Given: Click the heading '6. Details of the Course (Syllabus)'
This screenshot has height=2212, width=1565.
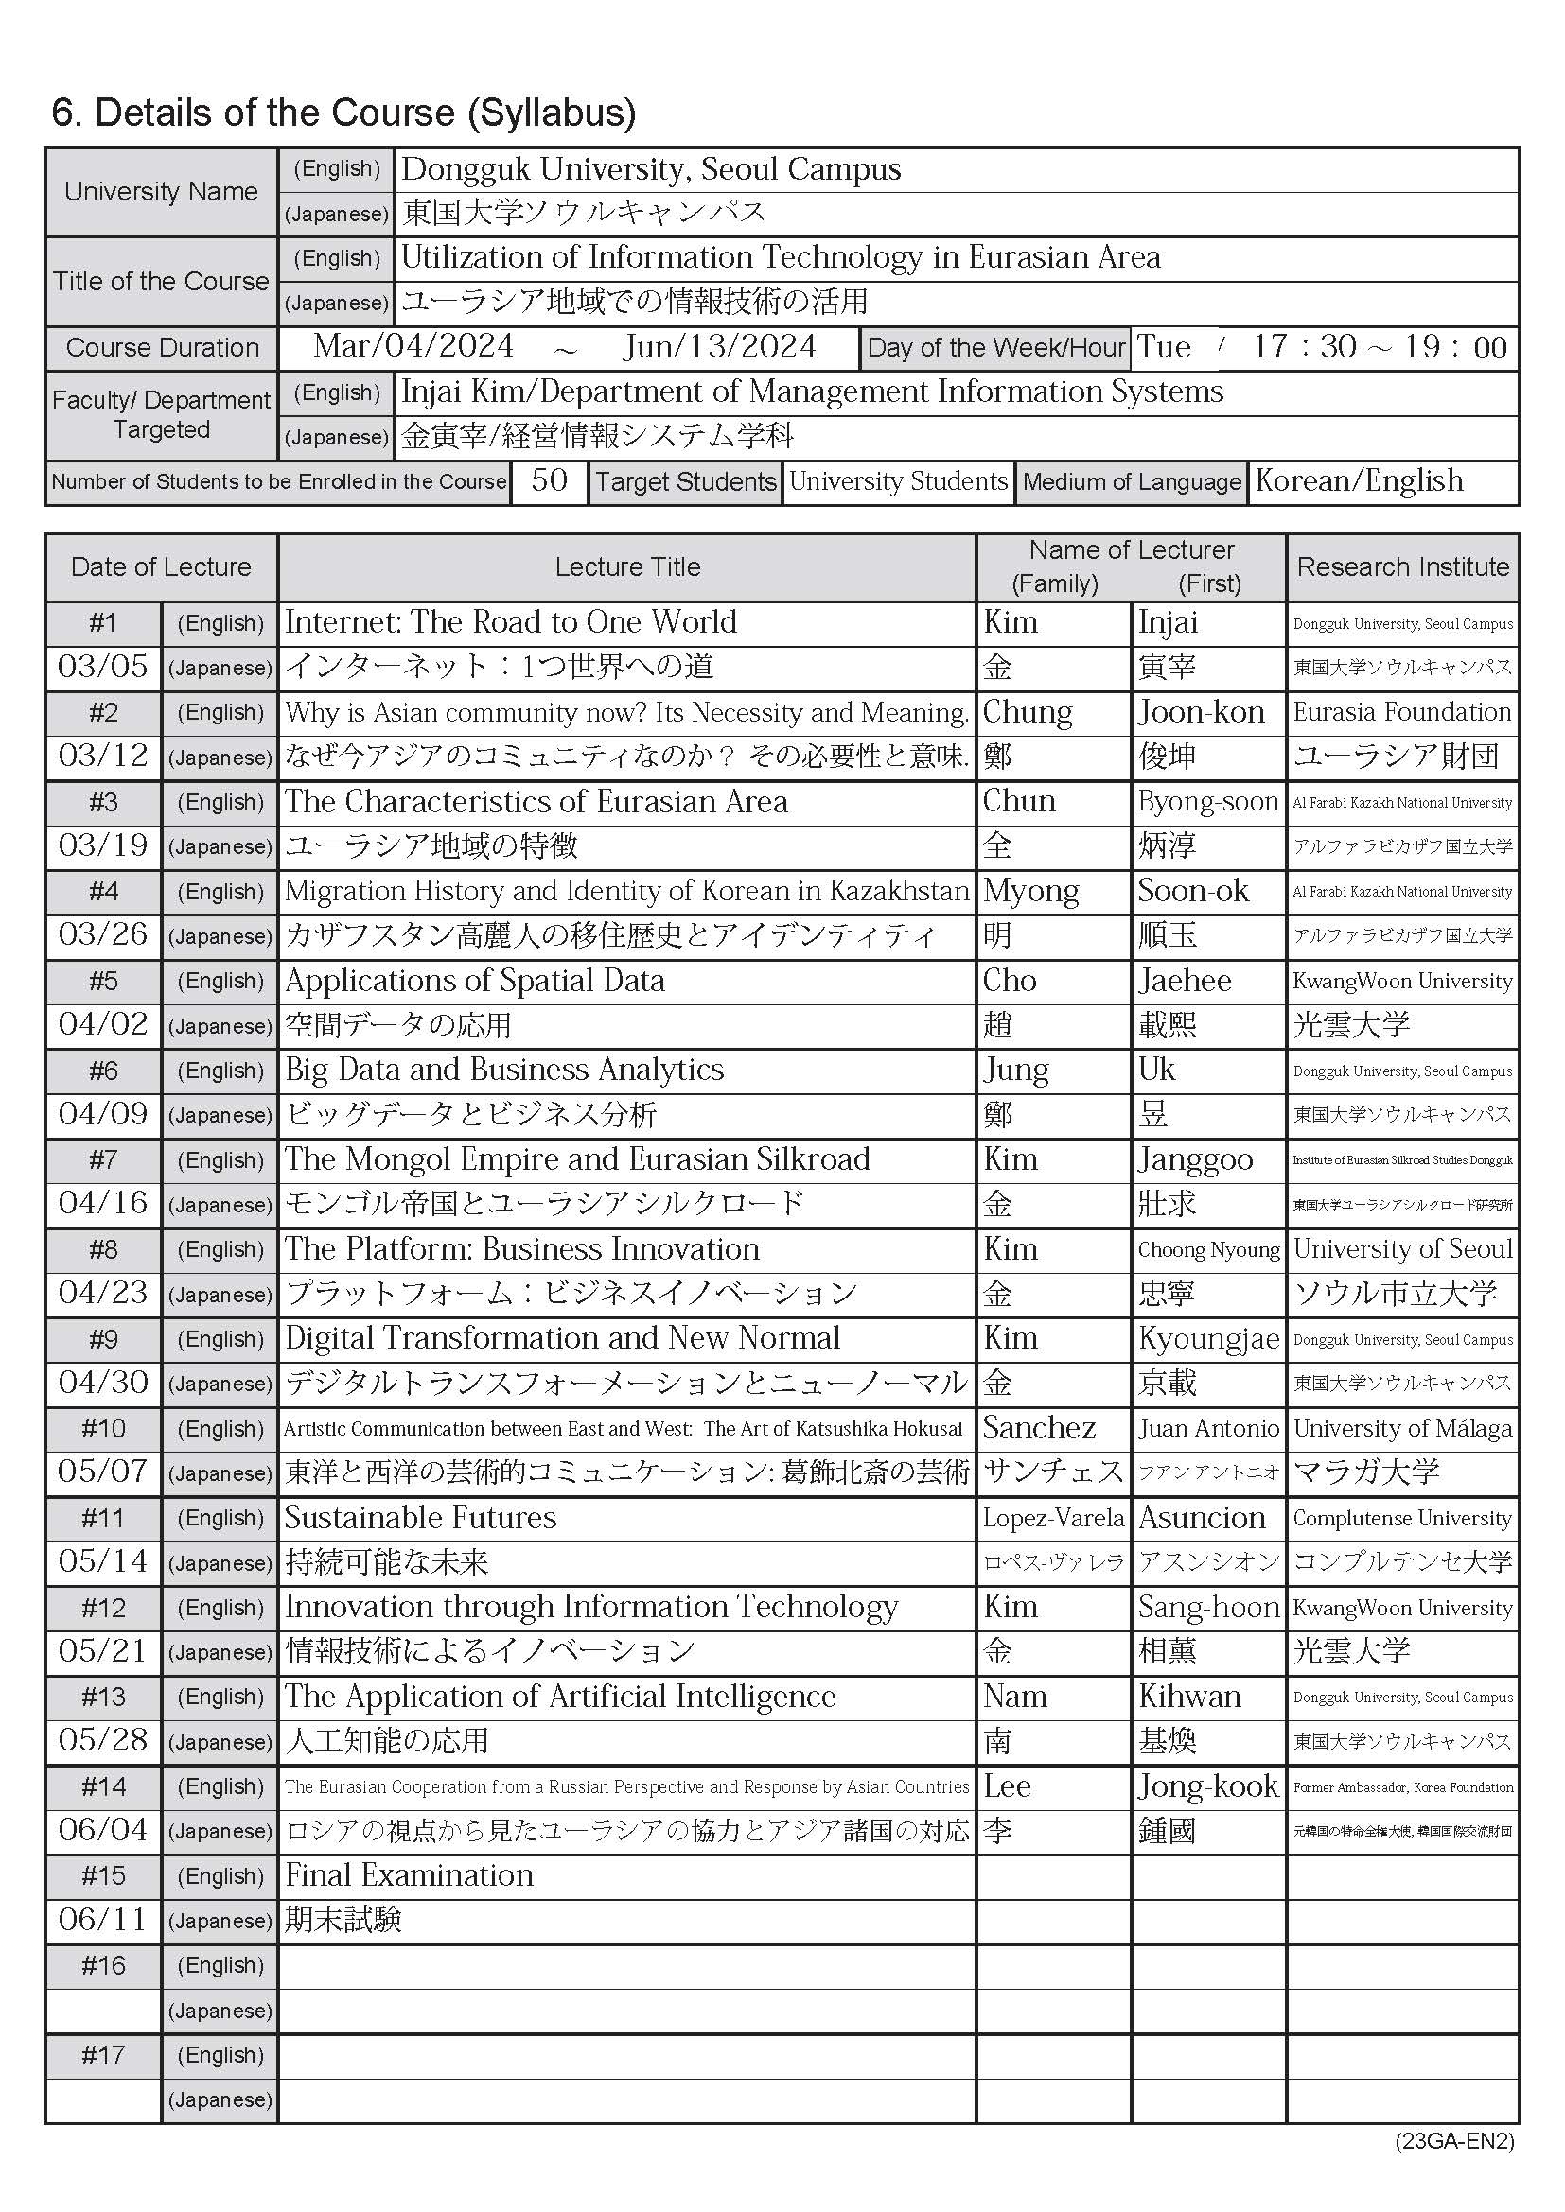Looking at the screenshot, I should coord(343,113).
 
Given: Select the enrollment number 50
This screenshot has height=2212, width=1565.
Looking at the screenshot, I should coord(549,479).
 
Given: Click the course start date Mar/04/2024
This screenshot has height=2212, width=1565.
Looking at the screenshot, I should coord(413,347).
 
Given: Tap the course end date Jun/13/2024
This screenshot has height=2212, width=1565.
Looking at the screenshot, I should coord(720,347).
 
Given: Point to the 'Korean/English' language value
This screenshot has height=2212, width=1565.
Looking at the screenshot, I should coord(1359,479).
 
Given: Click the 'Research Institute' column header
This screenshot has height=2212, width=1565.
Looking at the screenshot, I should coord(1402,566).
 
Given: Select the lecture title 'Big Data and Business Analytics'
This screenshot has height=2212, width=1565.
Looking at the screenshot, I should coord(504,1070).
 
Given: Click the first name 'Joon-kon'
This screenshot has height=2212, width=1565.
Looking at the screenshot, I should coord(1201,712).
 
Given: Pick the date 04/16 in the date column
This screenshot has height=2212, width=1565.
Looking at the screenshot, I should coord(103,1203).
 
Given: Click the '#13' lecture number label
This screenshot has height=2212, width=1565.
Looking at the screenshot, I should coord(103,1697).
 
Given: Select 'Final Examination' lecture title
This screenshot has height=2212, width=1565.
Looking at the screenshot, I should coord(409,1875).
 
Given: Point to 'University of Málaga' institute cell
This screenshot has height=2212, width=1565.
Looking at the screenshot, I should coord(1402,1428).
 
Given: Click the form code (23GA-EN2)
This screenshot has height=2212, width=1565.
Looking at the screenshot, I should coord(1454,2142).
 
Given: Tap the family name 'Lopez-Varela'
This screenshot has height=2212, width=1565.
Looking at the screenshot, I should coord(1052,1519).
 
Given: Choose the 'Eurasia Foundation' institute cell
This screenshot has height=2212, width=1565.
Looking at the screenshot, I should coord(1402,712).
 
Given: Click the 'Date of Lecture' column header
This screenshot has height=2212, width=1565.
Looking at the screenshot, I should coord(161,566).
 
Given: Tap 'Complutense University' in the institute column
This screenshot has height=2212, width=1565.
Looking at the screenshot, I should coord(1402,1519).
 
